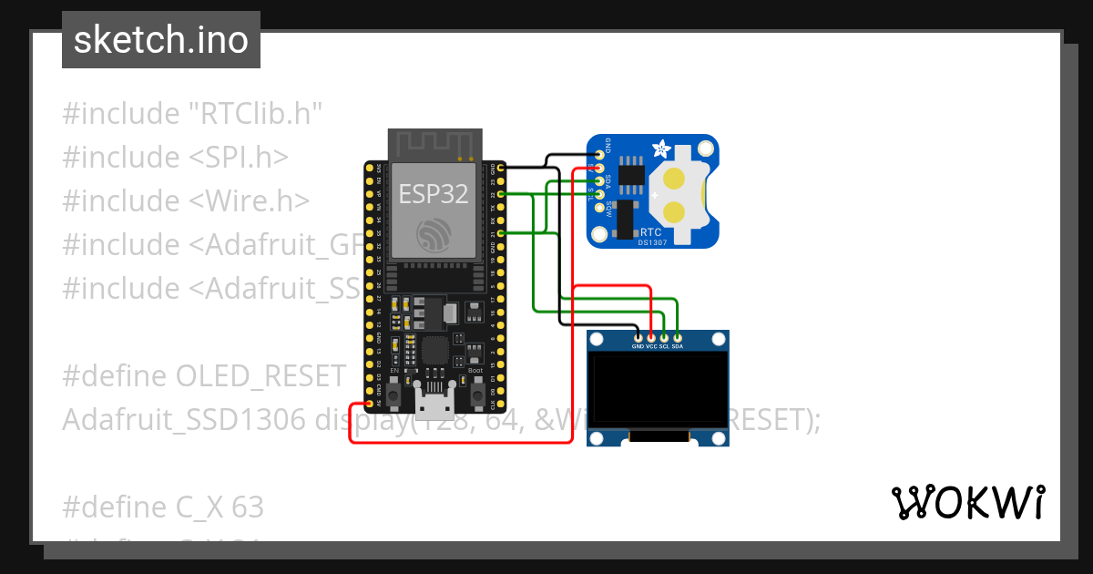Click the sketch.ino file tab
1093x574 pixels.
(161, 40)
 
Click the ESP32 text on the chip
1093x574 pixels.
(434, 193)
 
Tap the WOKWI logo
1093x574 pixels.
(966, 502)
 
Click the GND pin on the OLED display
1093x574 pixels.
(638, 338)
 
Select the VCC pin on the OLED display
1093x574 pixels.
(651, 338)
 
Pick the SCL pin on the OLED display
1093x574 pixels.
(664, 338)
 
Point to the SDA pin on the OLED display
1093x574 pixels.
(677, 338)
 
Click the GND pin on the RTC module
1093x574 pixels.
(599, 154)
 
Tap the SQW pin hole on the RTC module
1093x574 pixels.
(599, 209)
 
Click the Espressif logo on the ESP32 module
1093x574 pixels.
(434, 235)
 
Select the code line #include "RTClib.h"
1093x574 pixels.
(193, 115)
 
